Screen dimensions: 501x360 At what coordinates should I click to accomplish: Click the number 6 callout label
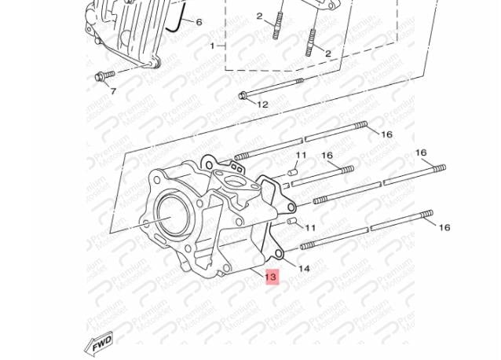pos(199,22)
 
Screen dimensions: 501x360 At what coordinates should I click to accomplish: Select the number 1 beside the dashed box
pos(213,46)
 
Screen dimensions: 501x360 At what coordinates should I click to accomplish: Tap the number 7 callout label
pos(113,91)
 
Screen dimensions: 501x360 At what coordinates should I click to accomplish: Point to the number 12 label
pos(262,105)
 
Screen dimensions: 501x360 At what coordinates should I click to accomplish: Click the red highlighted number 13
pos(271,277)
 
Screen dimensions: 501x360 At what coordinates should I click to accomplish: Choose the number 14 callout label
pos(304,269)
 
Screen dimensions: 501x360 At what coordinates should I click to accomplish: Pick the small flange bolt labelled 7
pos(104,75)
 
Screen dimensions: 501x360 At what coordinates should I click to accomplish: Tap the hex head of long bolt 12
pos(243,95)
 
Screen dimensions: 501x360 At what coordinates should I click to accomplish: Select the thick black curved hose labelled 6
pos(177,17)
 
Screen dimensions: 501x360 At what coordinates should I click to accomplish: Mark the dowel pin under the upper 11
pos(293,173)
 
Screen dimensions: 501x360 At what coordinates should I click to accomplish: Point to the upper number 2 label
pos(260,16)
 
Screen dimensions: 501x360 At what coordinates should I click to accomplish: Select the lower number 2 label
pos(328,53)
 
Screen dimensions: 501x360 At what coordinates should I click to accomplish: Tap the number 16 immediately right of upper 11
pos(327,156)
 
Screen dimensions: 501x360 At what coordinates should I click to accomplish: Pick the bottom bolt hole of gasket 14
pos(280,254)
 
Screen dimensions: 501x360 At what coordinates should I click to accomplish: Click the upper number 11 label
pos(301,156)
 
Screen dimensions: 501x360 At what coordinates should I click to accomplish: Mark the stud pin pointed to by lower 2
pos(311,42)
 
